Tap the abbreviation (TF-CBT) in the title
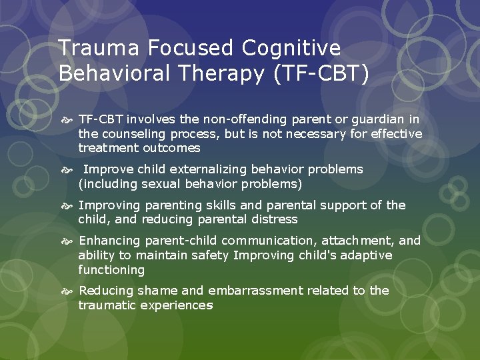point(320,73)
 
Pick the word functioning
point(111,270)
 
